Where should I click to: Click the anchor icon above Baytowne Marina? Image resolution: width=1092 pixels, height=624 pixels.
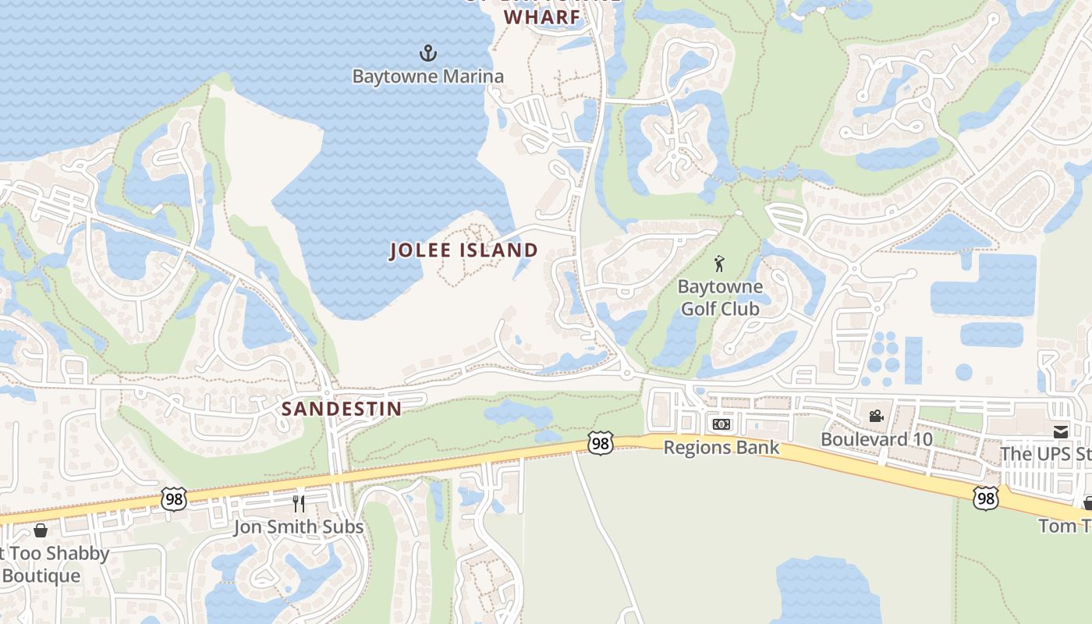click(x=427, y=53)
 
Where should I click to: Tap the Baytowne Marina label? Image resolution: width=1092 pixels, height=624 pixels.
click(x=427, y=76)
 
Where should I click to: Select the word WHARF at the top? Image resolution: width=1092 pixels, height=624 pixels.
click(x=542, y=16)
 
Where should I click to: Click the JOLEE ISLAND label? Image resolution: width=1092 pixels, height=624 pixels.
click(x=464, y=250)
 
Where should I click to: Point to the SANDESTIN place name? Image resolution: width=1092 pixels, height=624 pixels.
click(x=342, y=409)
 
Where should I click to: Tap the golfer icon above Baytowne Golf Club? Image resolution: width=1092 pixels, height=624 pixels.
click(x=719, y=264)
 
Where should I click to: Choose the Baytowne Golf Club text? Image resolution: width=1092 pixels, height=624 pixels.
click(x=720, y=297)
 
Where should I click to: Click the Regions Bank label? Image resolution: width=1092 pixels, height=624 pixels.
click(x=721, y=447)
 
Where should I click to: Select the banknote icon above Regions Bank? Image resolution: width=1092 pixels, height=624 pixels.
click(x=721, y=424)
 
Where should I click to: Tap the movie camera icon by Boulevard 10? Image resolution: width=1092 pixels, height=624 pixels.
click(x=876, y=417)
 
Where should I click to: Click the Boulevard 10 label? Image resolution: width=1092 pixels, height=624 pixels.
click(x=876, y=439)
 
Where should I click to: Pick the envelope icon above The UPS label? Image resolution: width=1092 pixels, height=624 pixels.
click(x=1060, y=431)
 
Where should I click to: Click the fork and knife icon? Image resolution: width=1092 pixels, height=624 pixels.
click(x=299, y=503)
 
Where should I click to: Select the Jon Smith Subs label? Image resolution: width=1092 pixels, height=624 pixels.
click(x=299, y=527)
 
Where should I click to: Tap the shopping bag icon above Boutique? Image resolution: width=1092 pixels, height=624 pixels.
click(x=41, y=530)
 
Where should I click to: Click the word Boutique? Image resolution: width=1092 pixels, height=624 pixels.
click(x=41, y=576)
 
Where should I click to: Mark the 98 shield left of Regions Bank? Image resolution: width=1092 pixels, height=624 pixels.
click(x=600, y=443)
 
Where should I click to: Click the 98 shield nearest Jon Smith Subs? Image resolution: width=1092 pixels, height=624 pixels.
click(x=174, y=498)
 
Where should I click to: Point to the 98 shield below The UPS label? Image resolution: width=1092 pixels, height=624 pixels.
click(x=986, y=497)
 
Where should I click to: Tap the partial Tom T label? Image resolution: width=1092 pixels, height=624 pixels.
click(x=1065, y=526)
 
